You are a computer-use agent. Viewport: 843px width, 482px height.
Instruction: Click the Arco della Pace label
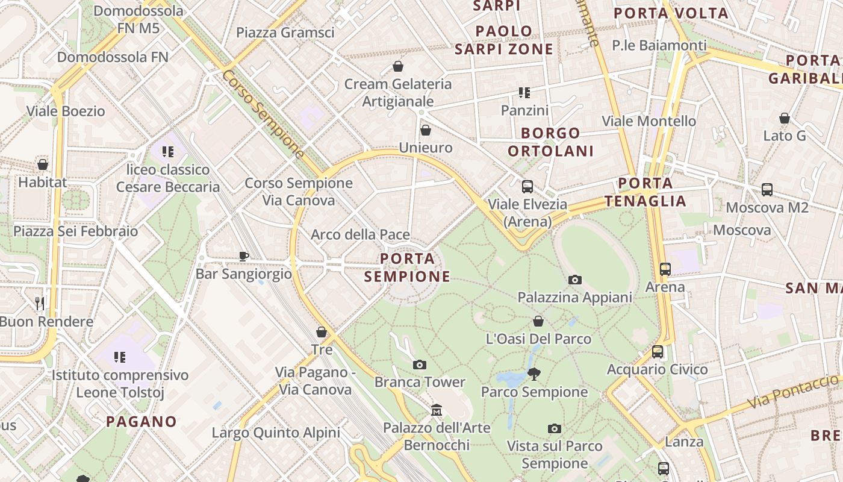point(360,235)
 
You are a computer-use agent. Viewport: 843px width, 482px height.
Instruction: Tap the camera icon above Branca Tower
point(420,365)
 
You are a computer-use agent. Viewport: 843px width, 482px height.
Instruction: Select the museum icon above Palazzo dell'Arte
point(437,410)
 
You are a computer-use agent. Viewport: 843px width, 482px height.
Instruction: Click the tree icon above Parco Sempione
point(533,374)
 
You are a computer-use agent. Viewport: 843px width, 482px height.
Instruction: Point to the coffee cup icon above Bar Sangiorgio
point(243,256)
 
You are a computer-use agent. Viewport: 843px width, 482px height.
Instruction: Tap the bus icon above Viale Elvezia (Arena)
point(527,187)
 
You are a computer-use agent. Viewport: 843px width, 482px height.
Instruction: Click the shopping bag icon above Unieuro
point(426,130)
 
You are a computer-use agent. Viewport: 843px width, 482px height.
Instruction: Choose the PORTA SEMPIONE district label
point(408,268)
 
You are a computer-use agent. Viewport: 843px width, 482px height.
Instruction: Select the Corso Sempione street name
point(263,114)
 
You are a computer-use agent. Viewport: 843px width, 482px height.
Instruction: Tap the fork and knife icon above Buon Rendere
point(40,303)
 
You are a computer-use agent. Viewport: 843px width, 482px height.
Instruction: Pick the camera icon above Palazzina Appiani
point(575,280)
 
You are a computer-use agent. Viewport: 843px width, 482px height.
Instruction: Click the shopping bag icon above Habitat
point(43,164)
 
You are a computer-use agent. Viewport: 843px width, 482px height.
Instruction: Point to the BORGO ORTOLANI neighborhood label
point(550,142)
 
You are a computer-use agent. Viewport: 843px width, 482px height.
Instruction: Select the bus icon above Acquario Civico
point(658,352)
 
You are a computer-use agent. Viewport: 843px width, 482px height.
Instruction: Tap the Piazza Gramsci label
point(285,33)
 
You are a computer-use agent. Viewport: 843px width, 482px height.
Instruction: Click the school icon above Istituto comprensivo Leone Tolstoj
point(119,357)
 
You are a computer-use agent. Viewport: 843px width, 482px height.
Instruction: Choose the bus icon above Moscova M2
point(767,190)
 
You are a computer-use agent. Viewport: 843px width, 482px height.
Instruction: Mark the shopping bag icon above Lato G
point(785,118)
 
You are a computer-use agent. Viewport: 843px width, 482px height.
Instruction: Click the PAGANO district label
point(142,422)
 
